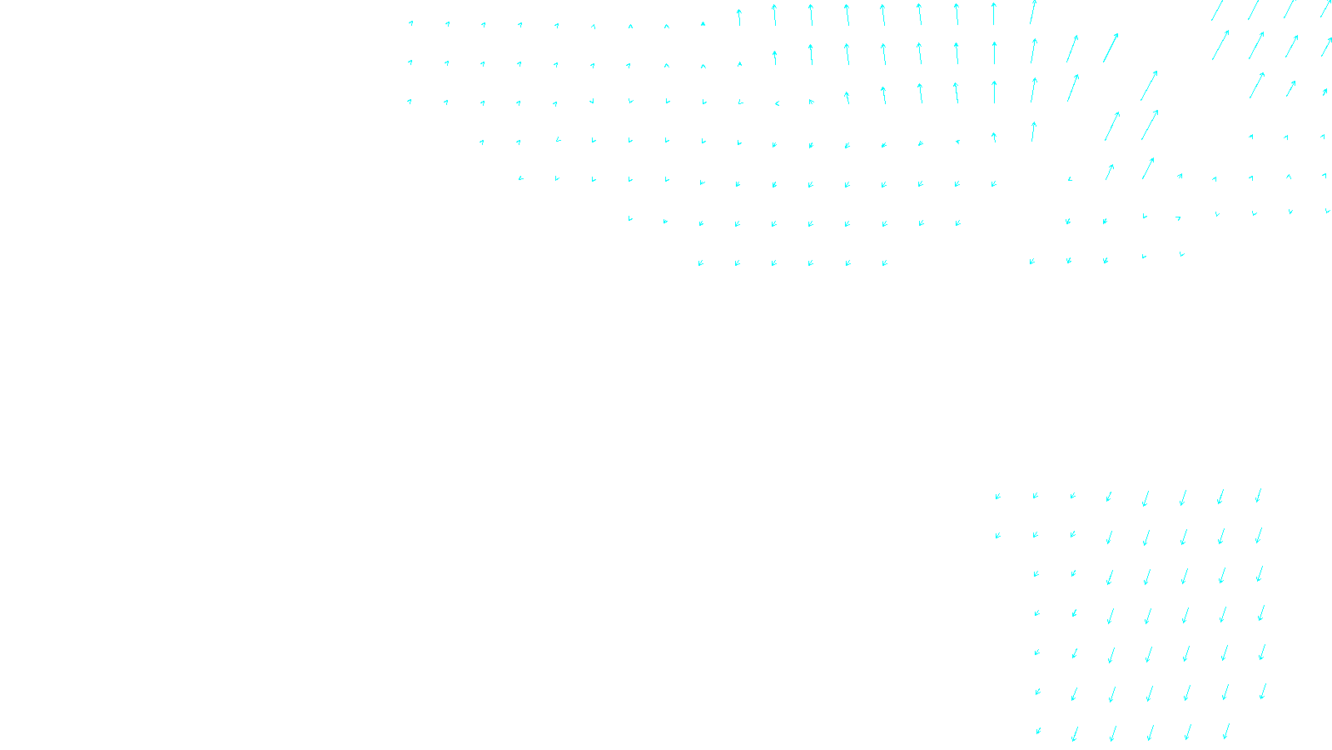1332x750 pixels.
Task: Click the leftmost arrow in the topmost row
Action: click(410, 23)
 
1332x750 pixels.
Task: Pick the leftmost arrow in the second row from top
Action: click(410, 62)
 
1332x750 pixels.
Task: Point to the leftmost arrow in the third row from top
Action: click(410, 102)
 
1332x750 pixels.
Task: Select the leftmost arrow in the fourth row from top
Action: click(482, 142)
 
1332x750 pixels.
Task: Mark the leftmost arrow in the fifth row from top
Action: click(520, 178)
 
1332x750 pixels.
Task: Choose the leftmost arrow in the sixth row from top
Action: click(630, 219)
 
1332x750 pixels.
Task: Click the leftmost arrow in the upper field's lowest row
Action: click(701, 262)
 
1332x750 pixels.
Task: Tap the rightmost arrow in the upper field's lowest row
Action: click(1182, 254)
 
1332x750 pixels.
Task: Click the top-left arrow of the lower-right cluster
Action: click(997, 497)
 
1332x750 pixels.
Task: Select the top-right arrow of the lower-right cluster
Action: click(1259, 496)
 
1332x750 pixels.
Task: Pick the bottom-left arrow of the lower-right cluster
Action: click(1038, 732)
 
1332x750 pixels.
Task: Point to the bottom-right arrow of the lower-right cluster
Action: click(1226, 732)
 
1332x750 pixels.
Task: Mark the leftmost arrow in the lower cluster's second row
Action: click(997, 536)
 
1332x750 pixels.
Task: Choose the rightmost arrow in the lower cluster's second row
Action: click(1259, 535)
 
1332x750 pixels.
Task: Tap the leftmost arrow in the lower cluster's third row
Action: click(1036, 574)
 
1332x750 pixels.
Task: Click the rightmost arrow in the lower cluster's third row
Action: click(1260, 573)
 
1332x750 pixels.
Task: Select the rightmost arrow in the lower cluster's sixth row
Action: click(1263, 691)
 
